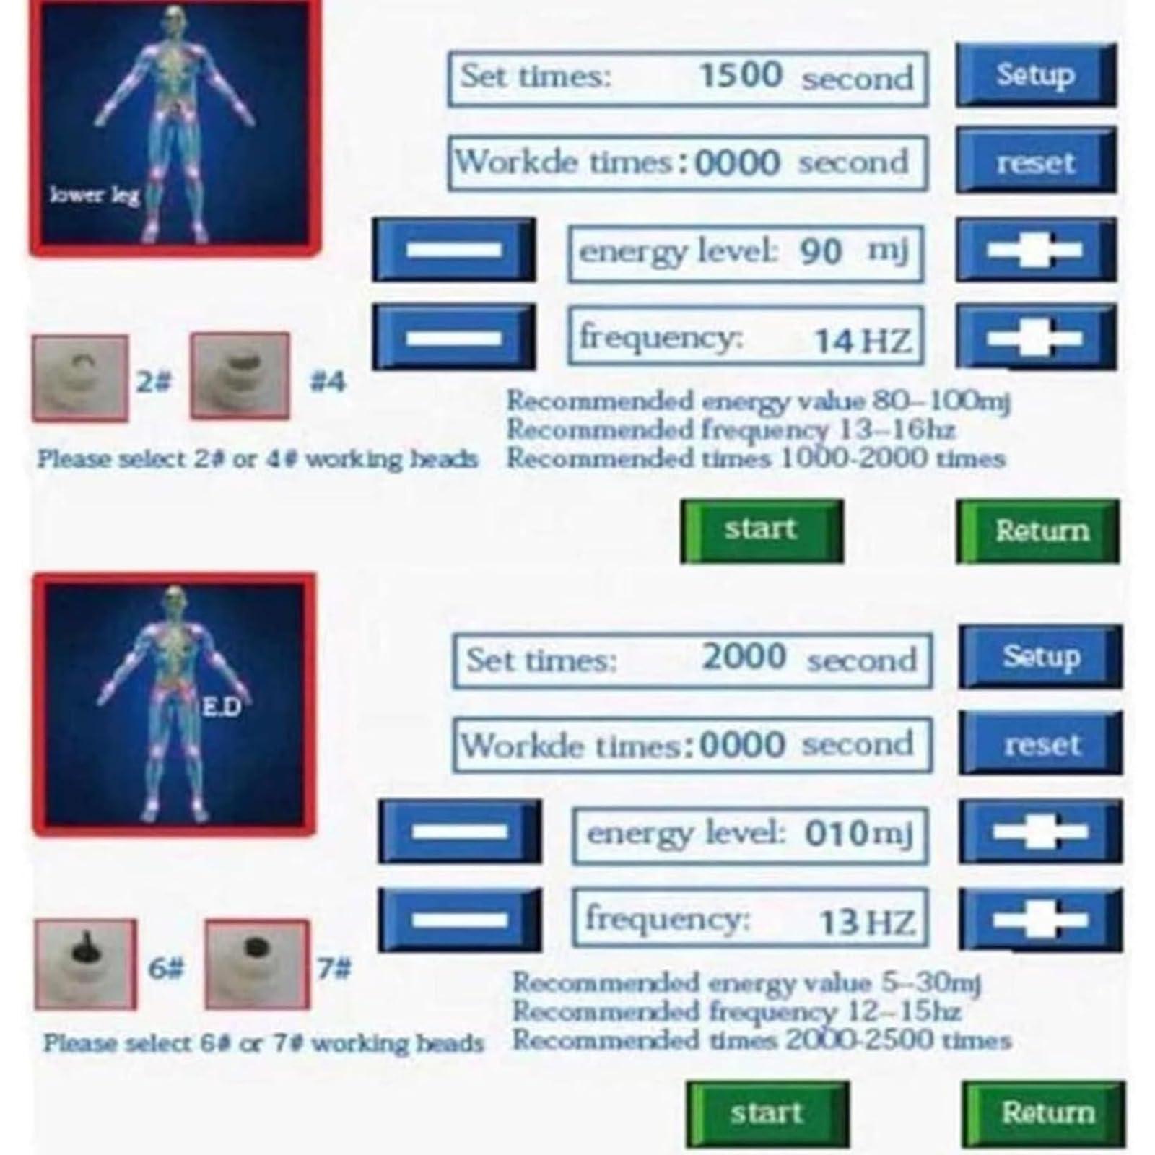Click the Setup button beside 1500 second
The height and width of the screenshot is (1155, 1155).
tap(1036, 75)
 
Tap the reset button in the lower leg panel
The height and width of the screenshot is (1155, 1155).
tap(1036, 160)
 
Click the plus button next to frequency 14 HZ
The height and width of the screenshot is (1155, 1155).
tap(1036, 336)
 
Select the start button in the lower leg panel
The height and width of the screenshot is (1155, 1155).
tap(762, 531)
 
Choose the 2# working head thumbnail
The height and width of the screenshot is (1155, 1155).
tap(80, 378)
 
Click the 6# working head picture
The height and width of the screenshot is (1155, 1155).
tap(85, 964)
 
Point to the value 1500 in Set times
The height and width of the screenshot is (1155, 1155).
tap(740, 75)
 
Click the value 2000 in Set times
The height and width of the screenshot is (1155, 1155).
tap(744, 657)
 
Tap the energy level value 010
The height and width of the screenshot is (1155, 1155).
tap(836, 834)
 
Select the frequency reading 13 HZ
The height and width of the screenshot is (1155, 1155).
tap(866, 922)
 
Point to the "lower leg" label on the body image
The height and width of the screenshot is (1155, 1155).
tap(95, 194)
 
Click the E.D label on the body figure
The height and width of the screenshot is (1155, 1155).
tap(220, 707)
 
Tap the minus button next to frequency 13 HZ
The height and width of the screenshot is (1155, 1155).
tap(460, 919)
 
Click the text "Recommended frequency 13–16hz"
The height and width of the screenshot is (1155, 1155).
tap(731, 430)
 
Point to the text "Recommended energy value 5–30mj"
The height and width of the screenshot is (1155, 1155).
tap(746, 982)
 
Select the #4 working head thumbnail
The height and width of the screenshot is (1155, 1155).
tap(240, 376)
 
